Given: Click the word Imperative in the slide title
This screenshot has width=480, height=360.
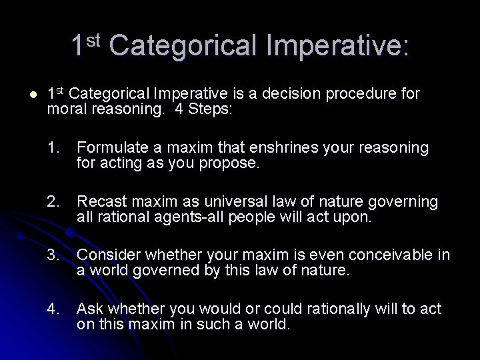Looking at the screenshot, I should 338,45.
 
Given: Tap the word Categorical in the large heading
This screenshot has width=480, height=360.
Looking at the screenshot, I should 185,45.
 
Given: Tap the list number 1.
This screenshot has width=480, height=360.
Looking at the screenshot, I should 54,147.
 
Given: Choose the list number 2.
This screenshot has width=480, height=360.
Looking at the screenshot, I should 54,201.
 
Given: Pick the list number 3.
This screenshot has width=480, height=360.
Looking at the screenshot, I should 54,255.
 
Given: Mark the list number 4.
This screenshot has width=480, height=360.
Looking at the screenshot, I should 54,309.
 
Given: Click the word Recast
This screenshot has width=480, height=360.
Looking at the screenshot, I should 99,201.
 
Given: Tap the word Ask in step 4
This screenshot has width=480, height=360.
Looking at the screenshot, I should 89,309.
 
